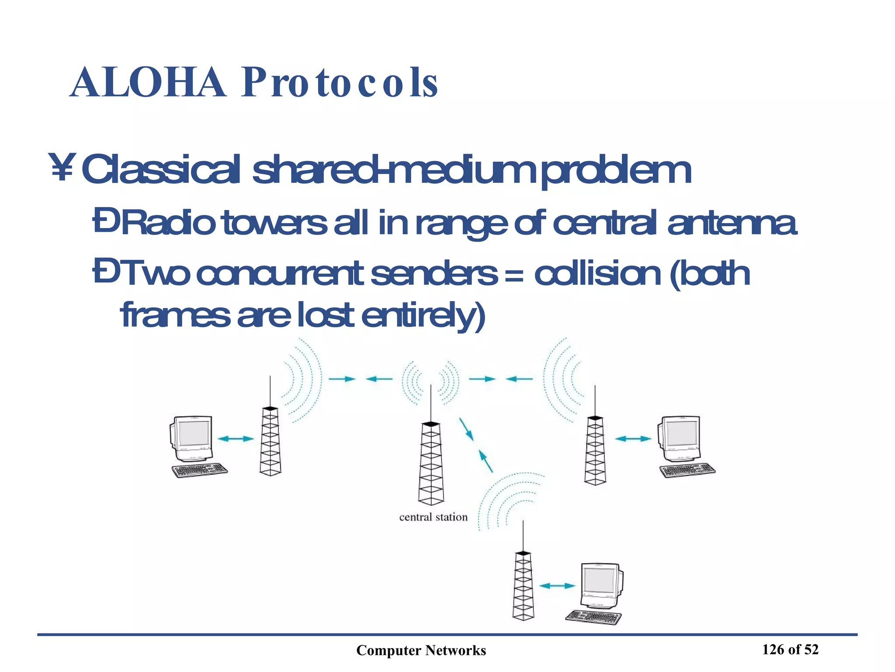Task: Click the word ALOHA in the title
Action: [x=148, y=83]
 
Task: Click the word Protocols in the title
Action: [x=339, y=83]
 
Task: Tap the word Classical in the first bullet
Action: [x=161, y=170]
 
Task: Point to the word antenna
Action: [x=732, y=223]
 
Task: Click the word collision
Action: [x=597, y=274]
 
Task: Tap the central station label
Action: [x=433, y=517]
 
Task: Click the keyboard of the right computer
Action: [x=687, y=470]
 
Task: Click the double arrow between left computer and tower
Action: [x=236, y=438]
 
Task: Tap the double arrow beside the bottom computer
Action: [x=557, y=586]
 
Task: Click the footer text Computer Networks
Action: [x=421, y=651]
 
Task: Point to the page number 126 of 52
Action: [x=790, y=650]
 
